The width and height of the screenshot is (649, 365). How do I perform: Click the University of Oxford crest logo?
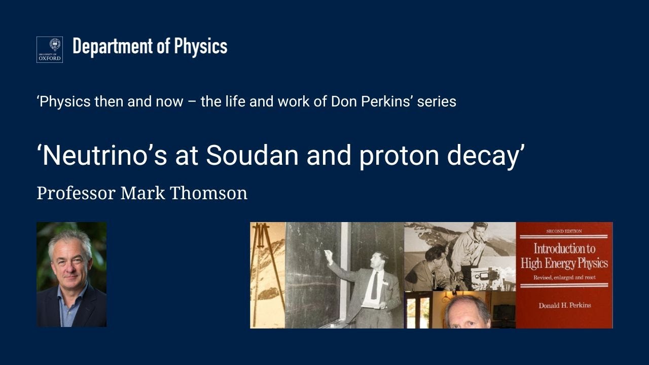point(49,50)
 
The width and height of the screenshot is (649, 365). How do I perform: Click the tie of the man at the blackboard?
point(374,285)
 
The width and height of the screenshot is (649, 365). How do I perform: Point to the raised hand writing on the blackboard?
point(328,253)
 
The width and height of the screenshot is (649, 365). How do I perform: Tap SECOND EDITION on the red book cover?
point(564,231)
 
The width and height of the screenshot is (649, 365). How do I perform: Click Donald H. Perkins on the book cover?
point(564,305)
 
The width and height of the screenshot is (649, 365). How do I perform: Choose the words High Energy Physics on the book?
point(564,263)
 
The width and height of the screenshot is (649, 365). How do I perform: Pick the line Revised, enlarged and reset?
point(564,277)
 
